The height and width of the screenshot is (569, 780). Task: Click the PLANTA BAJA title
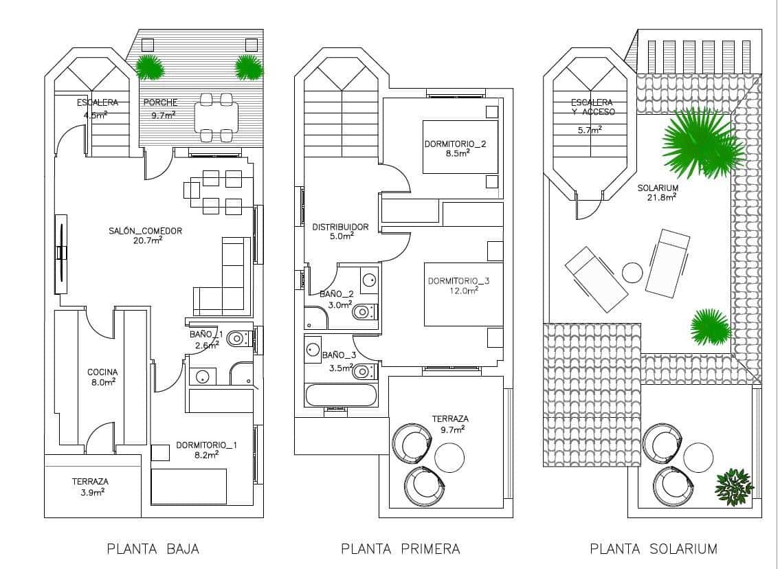click(153, 548)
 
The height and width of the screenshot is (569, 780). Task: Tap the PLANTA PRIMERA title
click(400, 548)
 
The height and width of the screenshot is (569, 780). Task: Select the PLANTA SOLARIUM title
click(654, 548)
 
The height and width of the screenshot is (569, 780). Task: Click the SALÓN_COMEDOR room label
click(146, 231)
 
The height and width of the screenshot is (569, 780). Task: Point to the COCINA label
click(101, 372)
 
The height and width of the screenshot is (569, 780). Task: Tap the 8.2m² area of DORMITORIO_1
click(205, 454)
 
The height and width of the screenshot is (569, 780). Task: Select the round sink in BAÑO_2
click(369, 280)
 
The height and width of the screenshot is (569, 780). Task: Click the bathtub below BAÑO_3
click(341, 395)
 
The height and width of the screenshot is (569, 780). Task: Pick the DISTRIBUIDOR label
click(340, 227)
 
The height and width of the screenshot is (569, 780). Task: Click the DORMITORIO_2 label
click(455, 144)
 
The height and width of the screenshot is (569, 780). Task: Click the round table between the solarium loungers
click(632, 273)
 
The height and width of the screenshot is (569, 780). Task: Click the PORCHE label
click(160, 103)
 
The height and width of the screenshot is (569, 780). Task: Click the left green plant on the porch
click(149, 67)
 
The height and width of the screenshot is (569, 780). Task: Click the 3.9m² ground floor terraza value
click(89, 492)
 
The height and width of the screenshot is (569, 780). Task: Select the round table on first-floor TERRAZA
click(449, 456)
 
